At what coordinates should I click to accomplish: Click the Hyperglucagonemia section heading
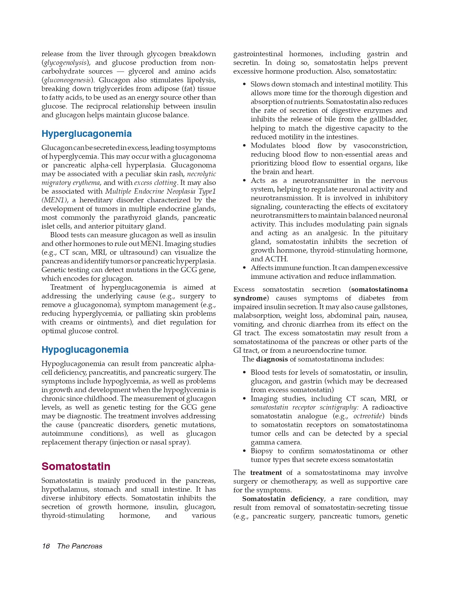click(87, 134)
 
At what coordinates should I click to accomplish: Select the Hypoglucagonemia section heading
click(85, 350)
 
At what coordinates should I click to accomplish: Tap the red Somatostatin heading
click(76, 467)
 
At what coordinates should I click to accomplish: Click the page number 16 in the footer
click(46, 546)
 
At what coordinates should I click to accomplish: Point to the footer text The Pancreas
click(80, 546)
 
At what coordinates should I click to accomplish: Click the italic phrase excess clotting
click(156, 183)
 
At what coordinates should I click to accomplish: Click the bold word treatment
click(266, 473)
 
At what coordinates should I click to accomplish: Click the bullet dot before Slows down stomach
click(244, 84)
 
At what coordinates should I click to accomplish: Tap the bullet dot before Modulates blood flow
click(244, 146)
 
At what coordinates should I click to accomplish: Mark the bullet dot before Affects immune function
click(244, 268)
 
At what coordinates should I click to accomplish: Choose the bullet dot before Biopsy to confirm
click(244, 451)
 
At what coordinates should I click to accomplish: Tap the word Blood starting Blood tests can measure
click(59, 235)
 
